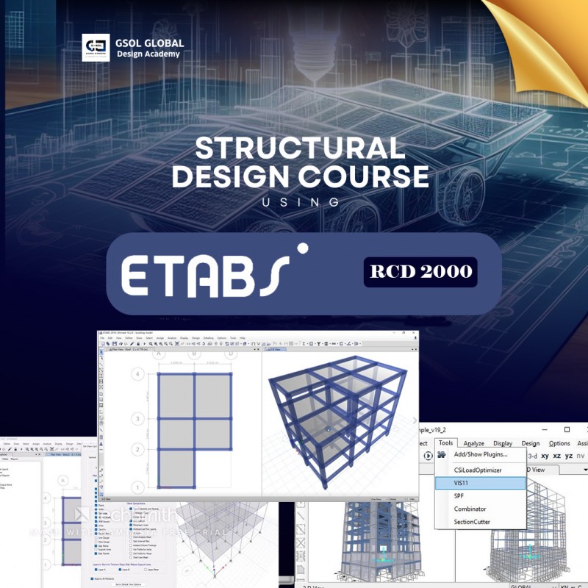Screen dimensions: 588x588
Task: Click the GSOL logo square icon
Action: (96, 47)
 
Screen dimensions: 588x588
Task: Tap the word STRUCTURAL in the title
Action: (300, 149)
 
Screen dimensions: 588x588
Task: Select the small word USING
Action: (301, 201)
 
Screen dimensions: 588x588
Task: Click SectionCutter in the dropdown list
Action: (472, 522)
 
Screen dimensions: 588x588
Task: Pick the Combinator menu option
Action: (470, 509)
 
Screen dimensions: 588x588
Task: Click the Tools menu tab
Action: (445, 443)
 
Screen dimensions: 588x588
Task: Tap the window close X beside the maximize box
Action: (567, 429)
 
